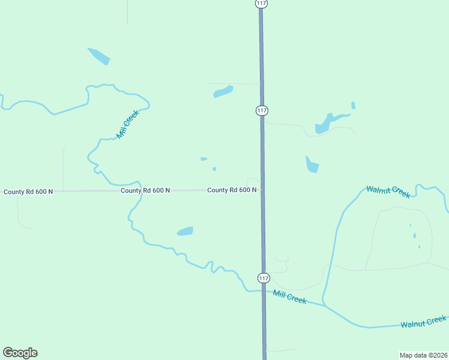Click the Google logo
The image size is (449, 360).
click(x=20, y=353)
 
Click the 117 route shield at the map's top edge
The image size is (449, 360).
click(x=261, y=4)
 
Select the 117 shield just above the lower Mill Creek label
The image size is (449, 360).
click(x=264, y=278)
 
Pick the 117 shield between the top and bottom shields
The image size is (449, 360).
click(x=262, y=110)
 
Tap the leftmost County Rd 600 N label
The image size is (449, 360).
click(x=28, y=192)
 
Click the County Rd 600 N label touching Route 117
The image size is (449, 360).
click(x=232, y=190)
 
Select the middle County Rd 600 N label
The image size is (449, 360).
click(x=145, y=191)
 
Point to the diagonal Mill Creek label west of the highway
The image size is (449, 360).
click(x=128, y=124)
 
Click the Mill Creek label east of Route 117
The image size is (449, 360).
click(x=289, y=296)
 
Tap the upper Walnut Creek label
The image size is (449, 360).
click(x=388, y=191)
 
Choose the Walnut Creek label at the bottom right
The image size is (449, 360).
click(x=424, y=322)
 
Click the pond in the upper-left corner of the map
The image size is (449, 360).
click(x=99, y=56)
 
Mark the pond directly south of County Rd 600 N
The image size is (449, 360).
click(x=185, y=231)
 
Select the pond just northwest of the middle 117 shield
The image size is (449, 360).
click(x=223, y=92)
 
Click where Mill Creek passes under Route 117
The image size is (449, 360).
click(x=262, y=290)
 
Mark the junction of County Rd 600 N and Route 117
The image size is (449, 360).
click(x=262, y=190)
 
